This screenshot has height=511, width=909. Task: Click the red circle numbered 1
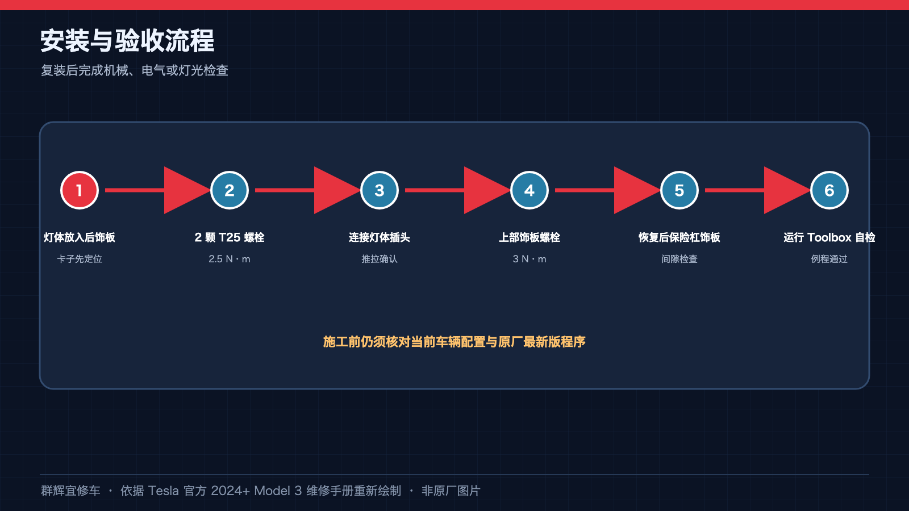80,190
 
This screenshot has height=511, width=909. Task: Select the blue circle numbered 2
230,190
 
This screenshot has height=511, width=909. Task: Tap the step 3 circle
380,190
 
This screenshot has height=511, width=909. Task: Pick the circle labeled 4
529,190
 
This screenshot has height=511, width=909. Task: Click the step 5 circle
679,190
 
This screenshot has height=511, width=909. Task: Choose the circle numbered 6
829,190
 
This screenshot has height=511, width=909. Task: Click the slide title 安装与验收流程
127,41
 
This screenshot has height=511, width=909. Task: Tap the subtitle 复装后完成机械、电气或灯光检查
134,70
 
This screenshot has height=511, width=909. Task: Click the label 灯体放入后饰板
80,237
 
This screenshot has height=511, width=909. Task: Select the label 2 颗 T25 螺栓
230,237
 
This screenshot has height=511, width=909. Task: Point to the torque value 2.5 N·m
230,259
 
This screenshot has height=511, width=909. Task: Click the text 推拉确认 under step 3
380,259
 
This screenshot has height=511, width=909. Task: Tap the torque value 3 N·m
529,259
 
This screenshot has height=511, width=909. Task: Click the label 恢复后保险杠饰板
679,237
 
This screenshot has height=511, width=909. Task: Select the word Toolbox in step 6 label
829,237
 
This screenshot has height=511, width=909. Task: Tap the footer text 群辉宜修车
70,491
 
